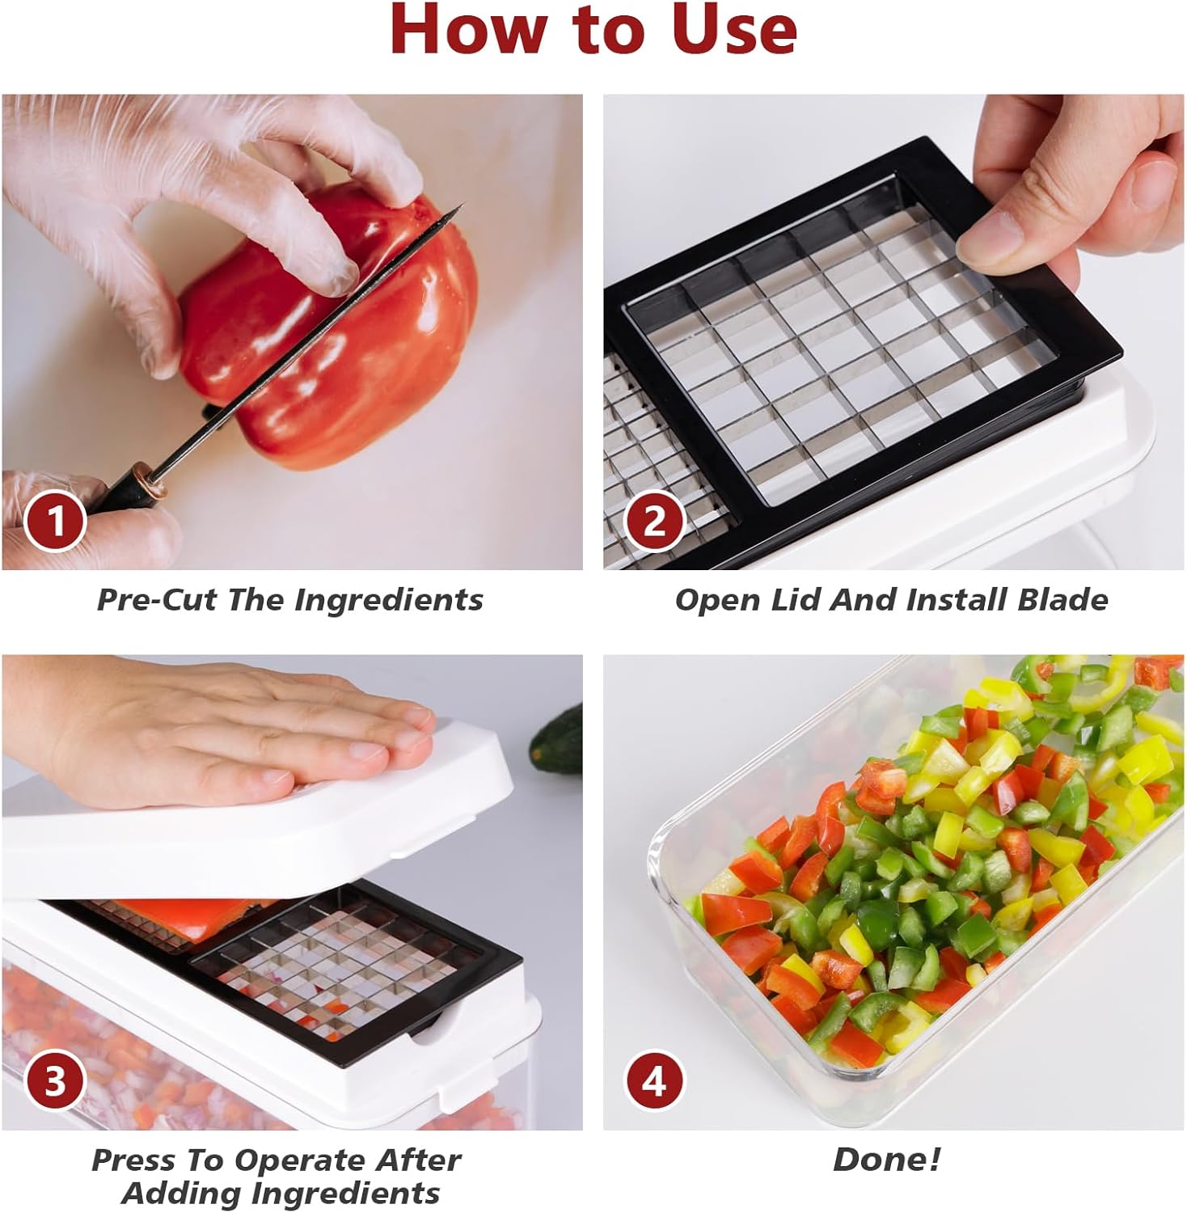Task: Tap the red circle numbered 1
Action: click(54, 522)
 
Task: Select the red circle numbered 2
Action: click(654, 522)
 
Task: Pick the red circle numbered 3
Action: click(54, 1081)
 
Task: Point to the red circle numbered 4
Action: click(654, 1081)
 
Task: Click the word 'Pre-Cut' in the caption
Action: click(158, 600)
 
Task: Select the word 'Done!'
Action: click(887, 1160)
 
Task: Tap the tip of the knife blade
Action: click(459, 207)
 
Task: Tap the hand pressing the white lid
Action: click(243, 728)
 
